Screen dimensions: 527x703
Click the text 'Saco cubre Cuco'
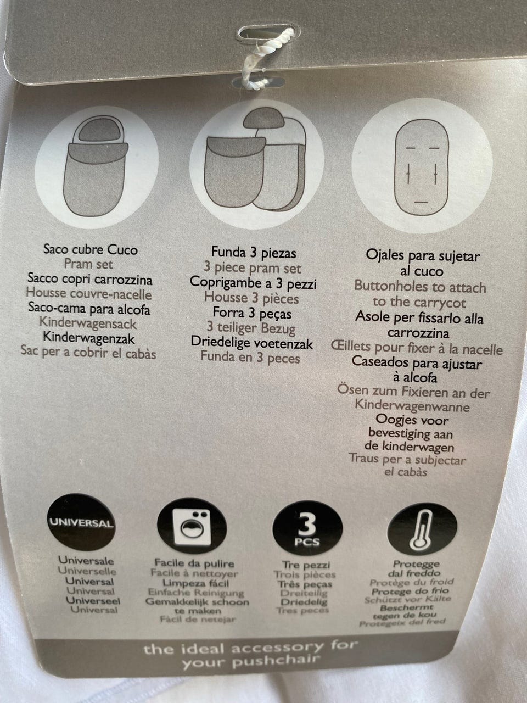click(91, 249)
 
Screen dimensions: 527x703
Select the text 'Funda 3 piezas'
click(254, 253)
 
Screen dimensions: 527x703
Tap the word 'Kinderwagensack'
click(88, 323)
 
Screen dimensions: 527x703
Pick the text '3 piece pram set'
click(253, 268)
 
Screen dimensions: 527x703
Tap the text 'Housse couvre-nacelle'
click(88, 293)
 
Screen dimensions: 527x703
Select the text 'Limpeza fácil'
click(195, 583)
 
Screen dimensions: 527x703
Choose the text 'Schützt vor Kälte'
click(407, 599)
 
